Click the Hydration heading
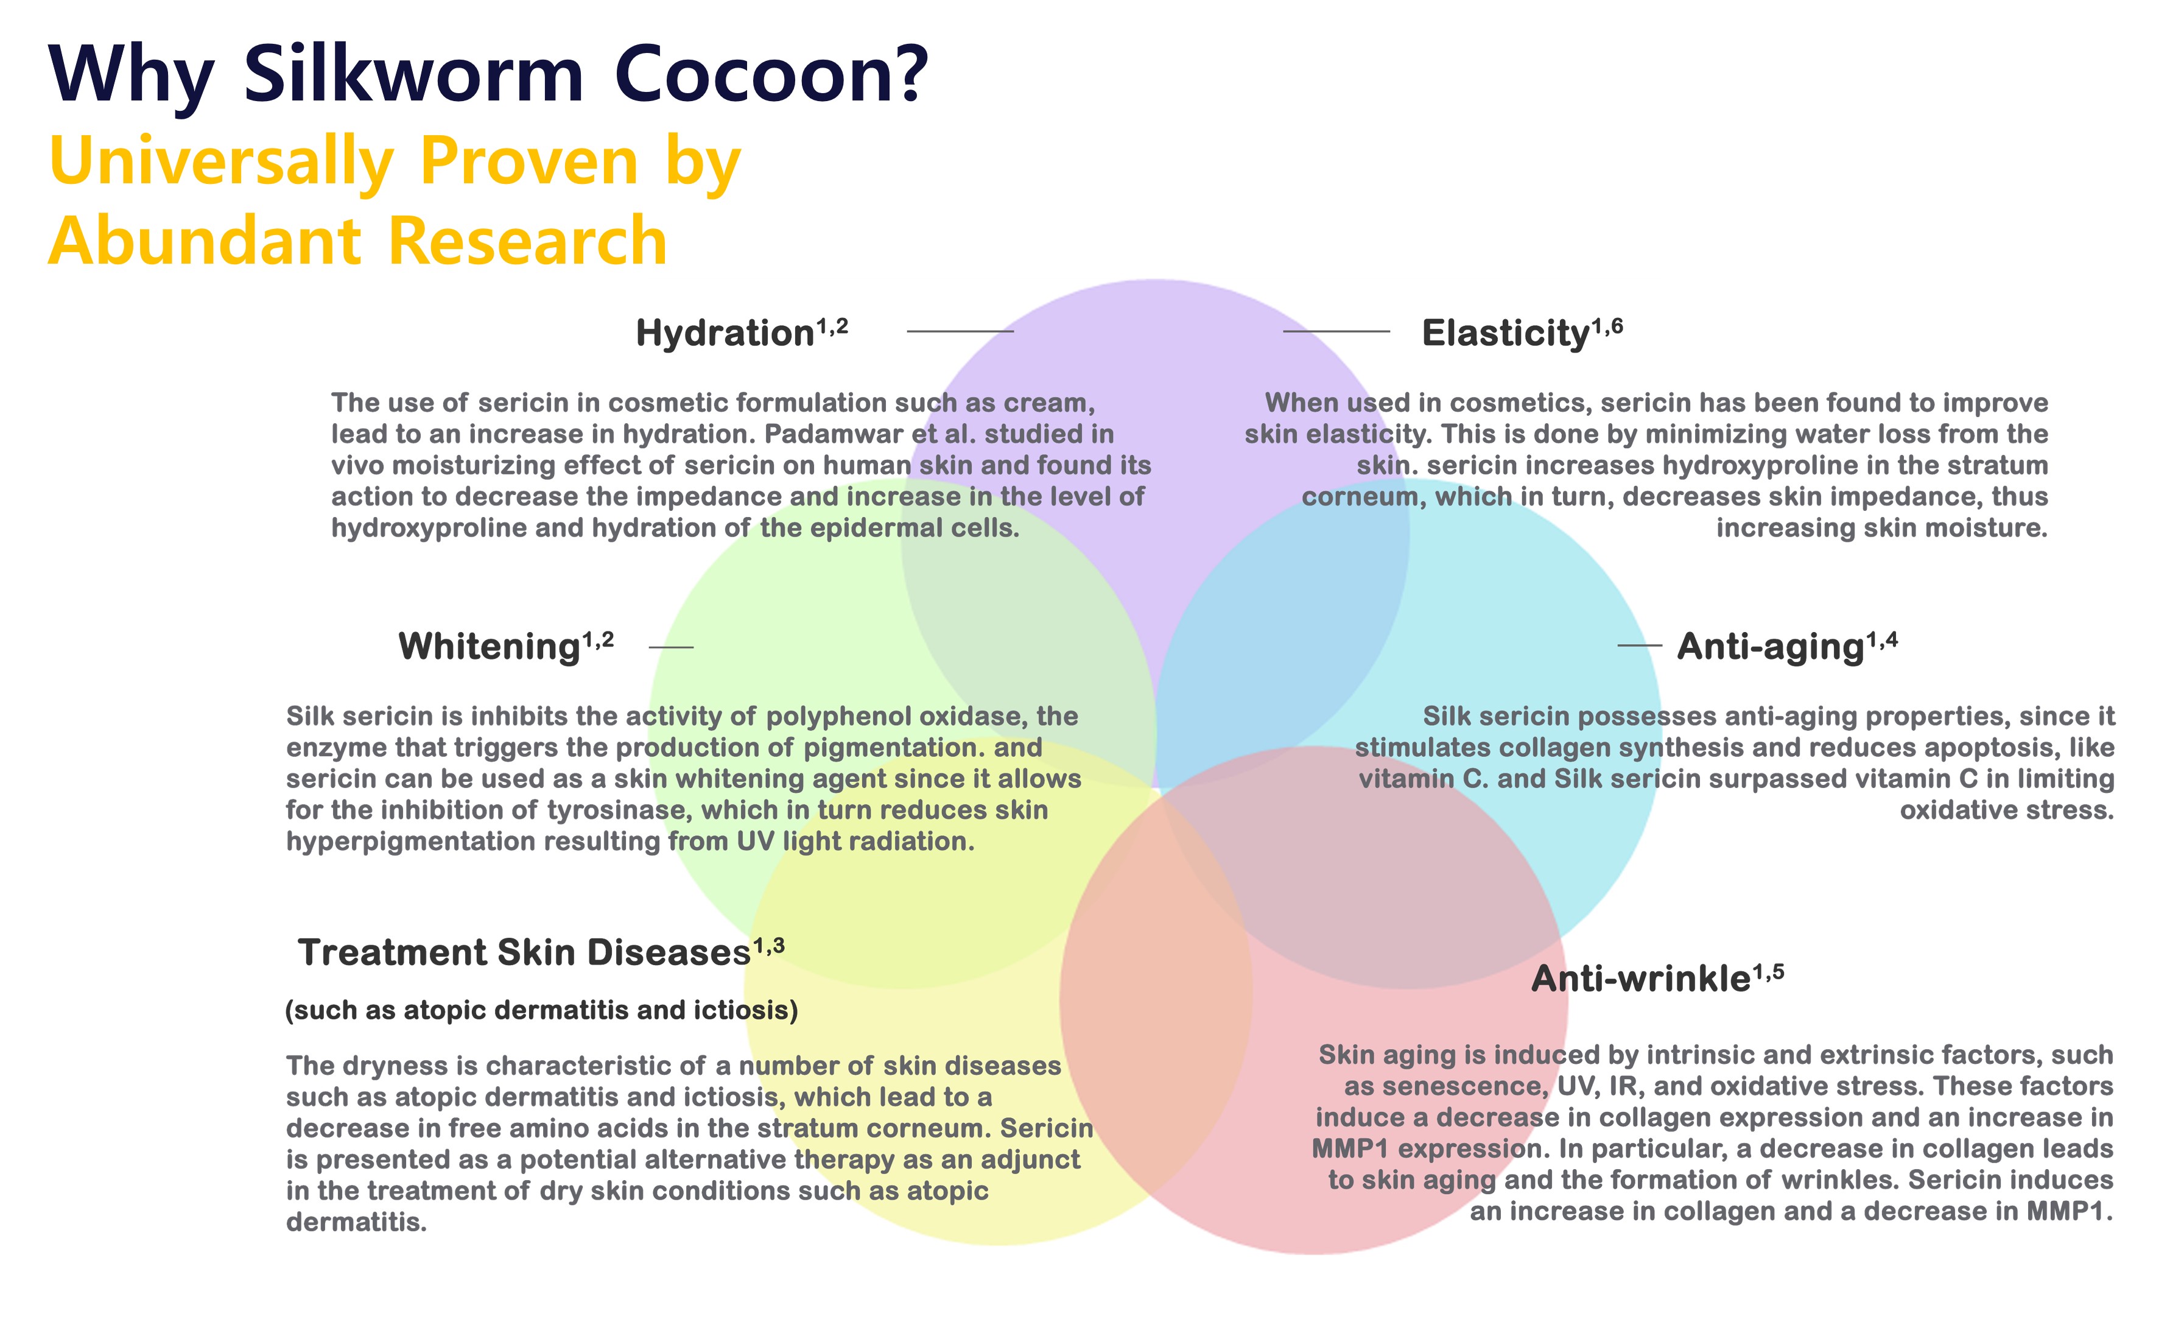click(x=724, y=333)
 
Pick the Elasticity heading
click(x=1505, y=333)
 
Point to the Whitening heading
click(x=489, y=647)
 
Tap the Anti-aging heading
click(x=1770, y=647)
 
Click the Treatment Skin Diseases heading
click(x=524, y=952)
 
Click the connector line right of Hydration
click(x=960, y=331)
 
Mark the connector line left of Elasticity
click(x=1336, y=331)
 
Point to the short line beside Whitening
click(x=671, y=647)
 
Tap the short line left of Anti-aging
click(x=1639, y=645)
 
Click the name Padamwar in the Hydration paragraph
click(x=834, y=434)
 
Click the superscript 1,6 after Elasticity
click(x=1607, y=327)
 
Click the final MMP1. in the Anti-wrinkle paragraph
click(x=2069, y=1211)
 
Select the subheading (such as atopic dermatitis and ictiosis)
click(x=542, y=1010)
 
